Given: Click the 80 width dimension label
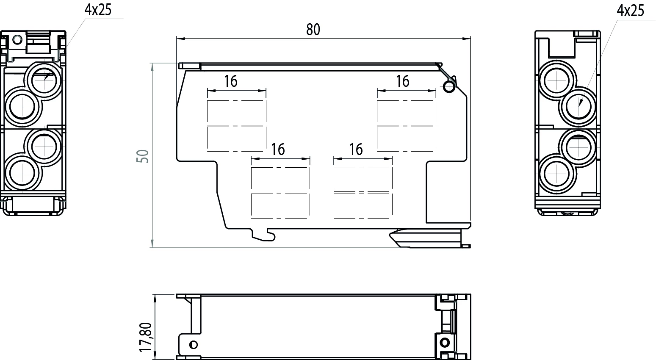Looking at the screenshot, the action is coord(313,30).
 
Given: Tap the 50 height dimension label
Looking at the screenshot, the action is coord(143,156).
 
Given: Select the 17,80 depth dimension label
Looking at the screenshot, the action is coord(146,337).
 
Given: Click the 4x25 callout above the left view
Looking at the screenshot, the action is coord(98,10).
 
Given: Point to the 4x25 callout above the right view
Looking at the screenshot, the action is coord(630,11).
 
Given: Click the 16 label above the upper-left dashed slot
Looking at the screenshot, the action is coord(230,81).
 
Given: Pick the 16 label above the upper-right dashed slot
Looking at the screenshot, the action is coord(402,81).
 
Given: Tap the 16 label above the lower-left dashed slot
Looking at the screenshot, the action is coord(278,150).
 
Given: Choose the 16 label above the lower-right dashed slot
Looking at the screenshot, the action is coord(356,150).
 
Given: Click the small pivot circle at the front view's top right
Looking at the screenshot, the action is coord(448,87).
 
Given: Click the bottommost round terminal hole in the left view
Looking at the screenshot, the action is coord(22,172).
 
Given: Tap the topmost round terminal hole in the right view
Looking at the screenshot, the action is coord(556,80).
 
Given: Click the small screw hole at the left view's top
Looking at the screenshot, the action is coord(17,39).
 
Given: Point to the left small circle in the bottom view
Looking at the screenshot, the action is coord(193,344).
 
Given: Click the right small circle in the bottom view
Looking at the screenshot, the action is coord(445,342).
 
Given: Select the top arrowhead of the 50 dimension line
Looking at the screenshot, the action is coord(152,67).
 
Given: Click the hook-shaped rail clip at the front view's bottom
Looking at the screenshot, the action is coord(263,235).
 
